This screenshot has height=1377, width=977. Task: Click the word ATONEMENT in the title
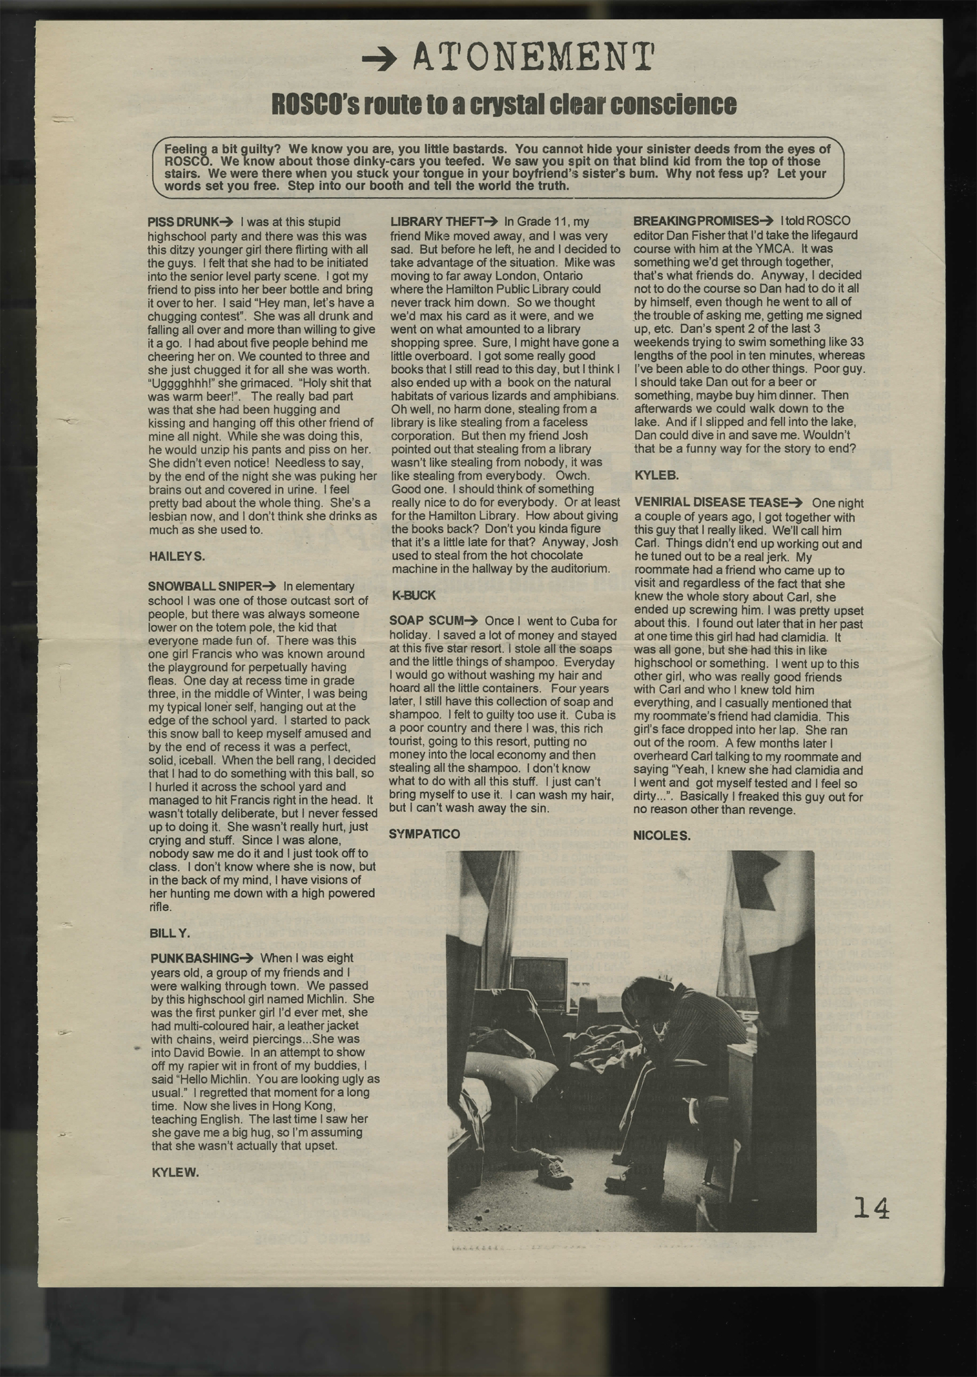(x=533, y=58)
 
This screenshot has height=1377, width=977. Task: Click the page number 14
(x=871, y=1208)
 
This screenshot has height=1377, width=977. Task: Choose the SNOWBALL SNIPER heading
(x=205, y=587)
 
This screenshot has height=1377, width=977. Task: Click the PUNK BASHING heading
(x=194, y=958)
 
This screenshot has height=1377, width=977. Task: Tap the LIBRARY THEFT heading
(x=437, y=222)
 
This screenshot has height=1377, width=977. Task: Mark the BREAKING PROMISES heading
(x=696, y=222)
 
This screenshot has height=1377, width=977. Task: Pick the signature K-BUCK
(x=414, y=594)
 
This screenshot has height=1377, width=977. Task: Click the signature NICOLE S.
(x=661, y=836)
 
